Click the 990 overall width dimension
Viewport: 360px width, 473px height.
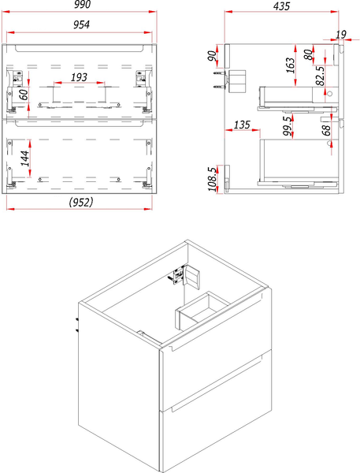pyautogui.click(x=82, y=5)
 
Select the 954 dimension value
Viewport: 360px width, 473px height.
pyautogui.click(x=81, y=24)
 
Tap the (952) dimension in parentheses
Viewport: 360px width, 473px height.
pyautogui.click(x=81, y=202)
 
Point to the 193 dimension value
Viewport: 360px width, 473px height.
pyautogui.click(x=79, y=77)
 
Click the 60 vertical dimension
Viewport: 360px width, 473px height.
pyautogui.click(x=24, y=94)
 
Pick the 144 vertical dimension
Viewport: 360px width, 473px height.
pyautogui.click(x=25, y=158)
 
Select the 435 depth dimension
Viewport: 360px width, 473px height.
pyautogui.click(x=281, y=6)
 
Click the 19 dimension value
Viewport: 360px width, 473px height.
pyautogui.click(x=341, y=35)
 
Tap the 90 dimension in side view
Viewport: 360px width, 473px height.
pyautogui.click(x=212, y=56)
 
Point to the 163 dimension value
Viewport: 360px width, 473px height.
pyautogui.click(x=290, y=65)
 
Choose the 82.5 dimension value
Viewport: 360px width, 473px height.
pyautogui.click(x=320, y=76)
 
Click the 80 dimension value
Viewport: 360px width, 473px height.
pyautogui.click(x=308, y=54)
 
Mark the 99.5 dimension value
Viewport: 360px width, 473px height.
pyautogui.click(x=288, y=125)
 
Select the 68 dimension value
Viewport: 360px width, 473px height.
pyautogui.click(x=327, y=130)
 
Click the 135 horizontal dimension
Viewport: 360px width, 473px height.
pyautogui.click(x=242, y=125)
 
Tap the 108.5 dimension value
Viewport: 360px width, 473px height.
pyautogui.click(x=212, y=179)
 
